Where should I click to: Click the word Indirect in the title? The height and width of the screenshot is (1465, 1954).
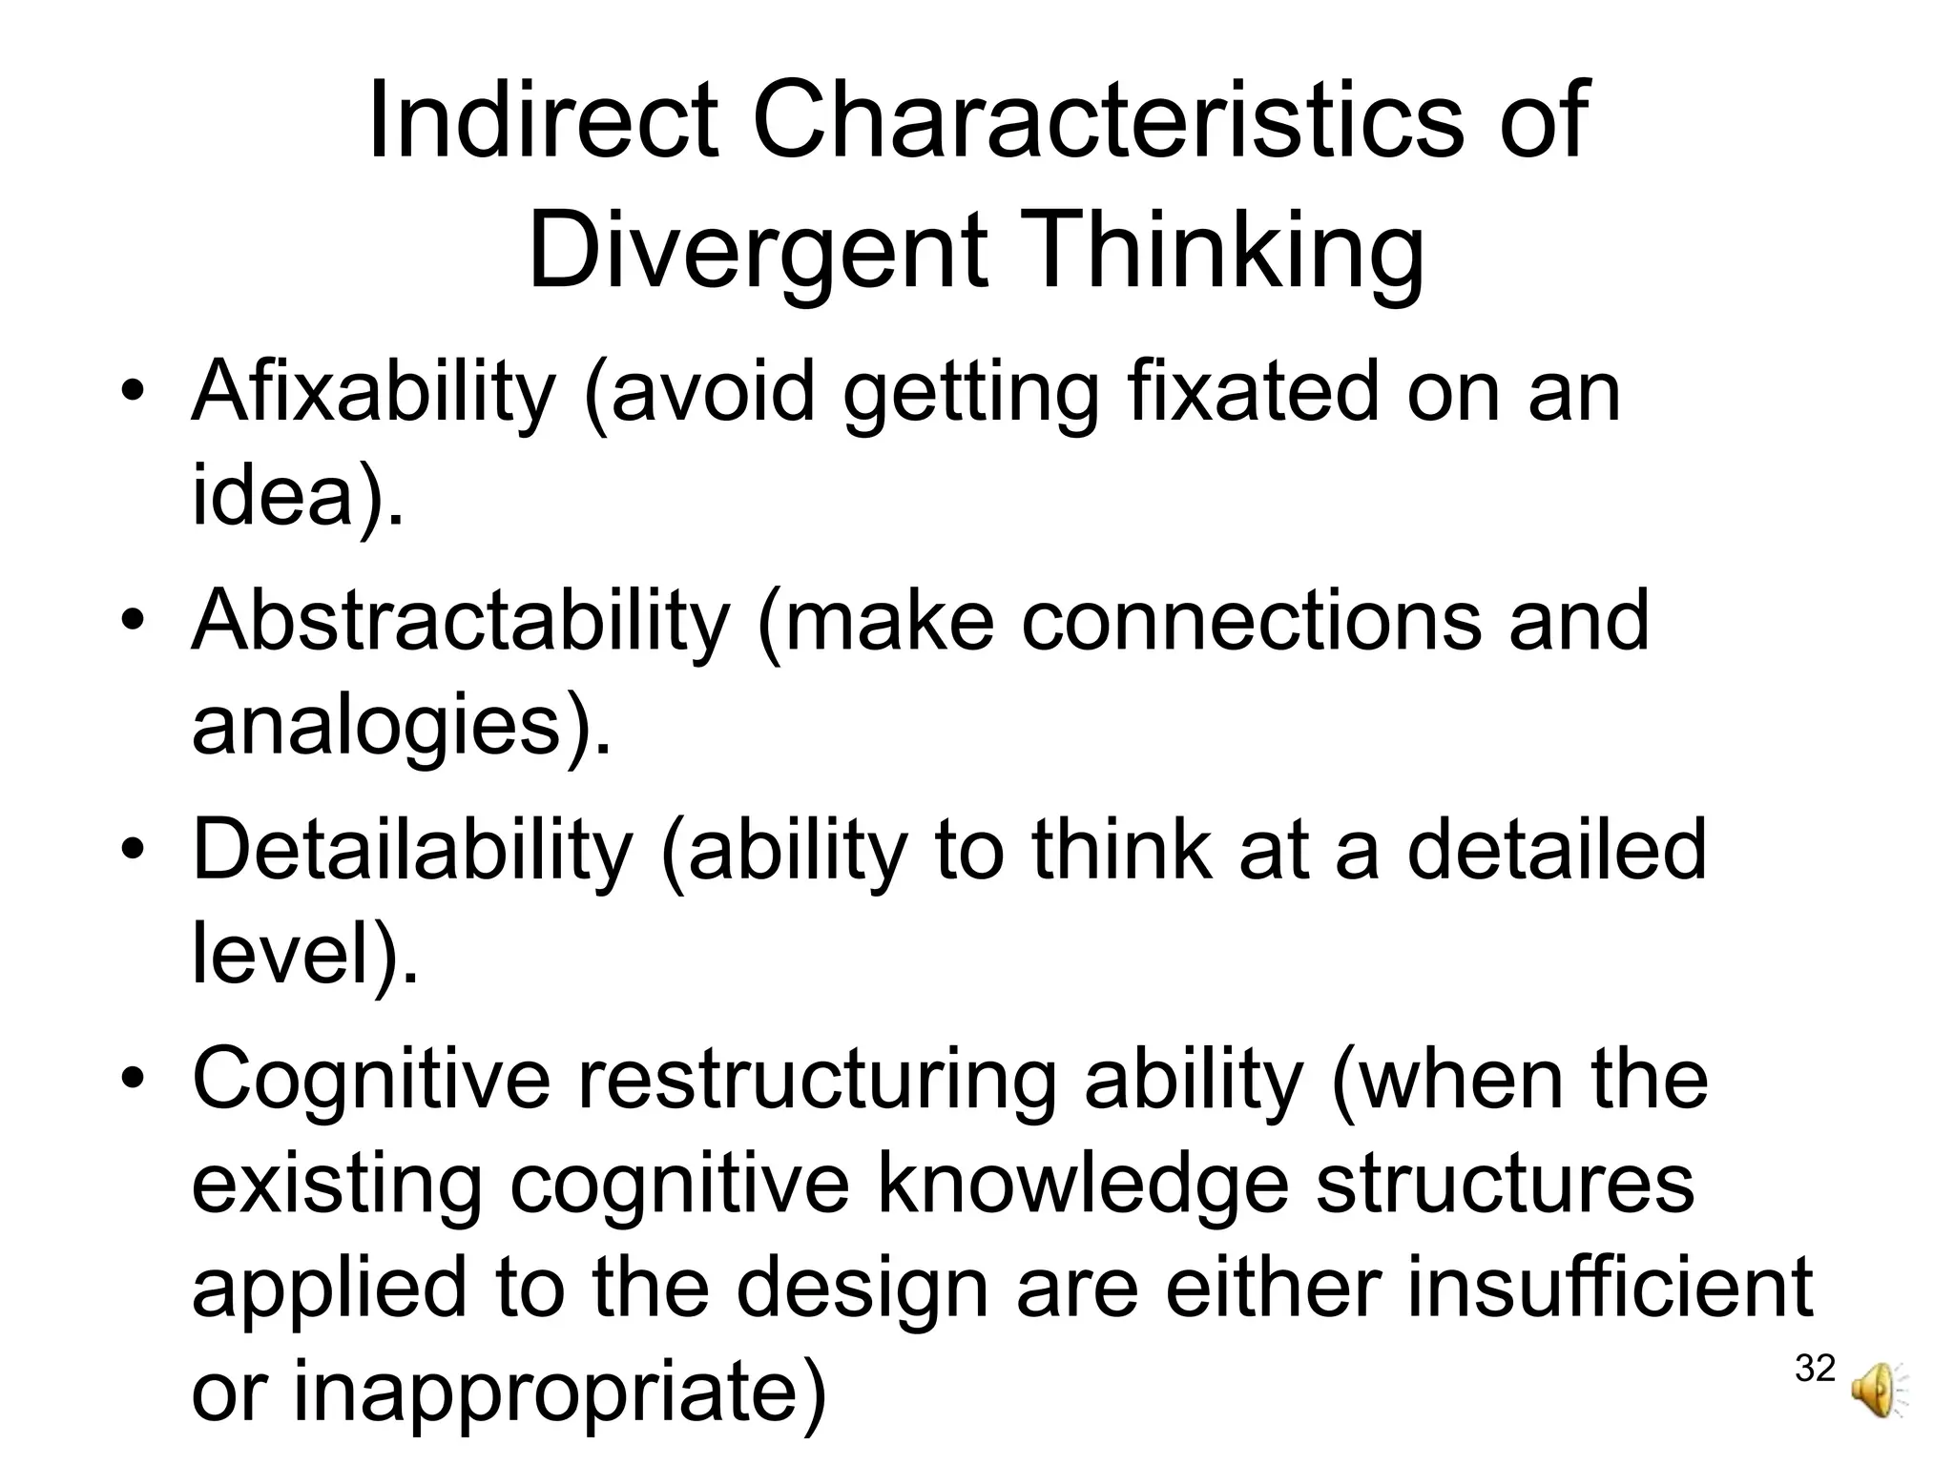click(x=542, y=121)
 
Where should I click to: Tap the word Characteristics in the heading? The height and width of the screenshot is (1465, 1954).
click(x=1107, y=121)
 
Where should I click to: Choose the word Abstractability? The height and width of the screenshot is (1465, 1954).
click(x=460, y=621)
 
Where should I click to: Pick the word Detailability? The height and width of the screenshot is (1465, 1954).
click(x=412, y=850)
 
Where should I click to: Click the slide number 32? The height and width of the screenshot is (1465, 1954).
click(x=1815, y=1368)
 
